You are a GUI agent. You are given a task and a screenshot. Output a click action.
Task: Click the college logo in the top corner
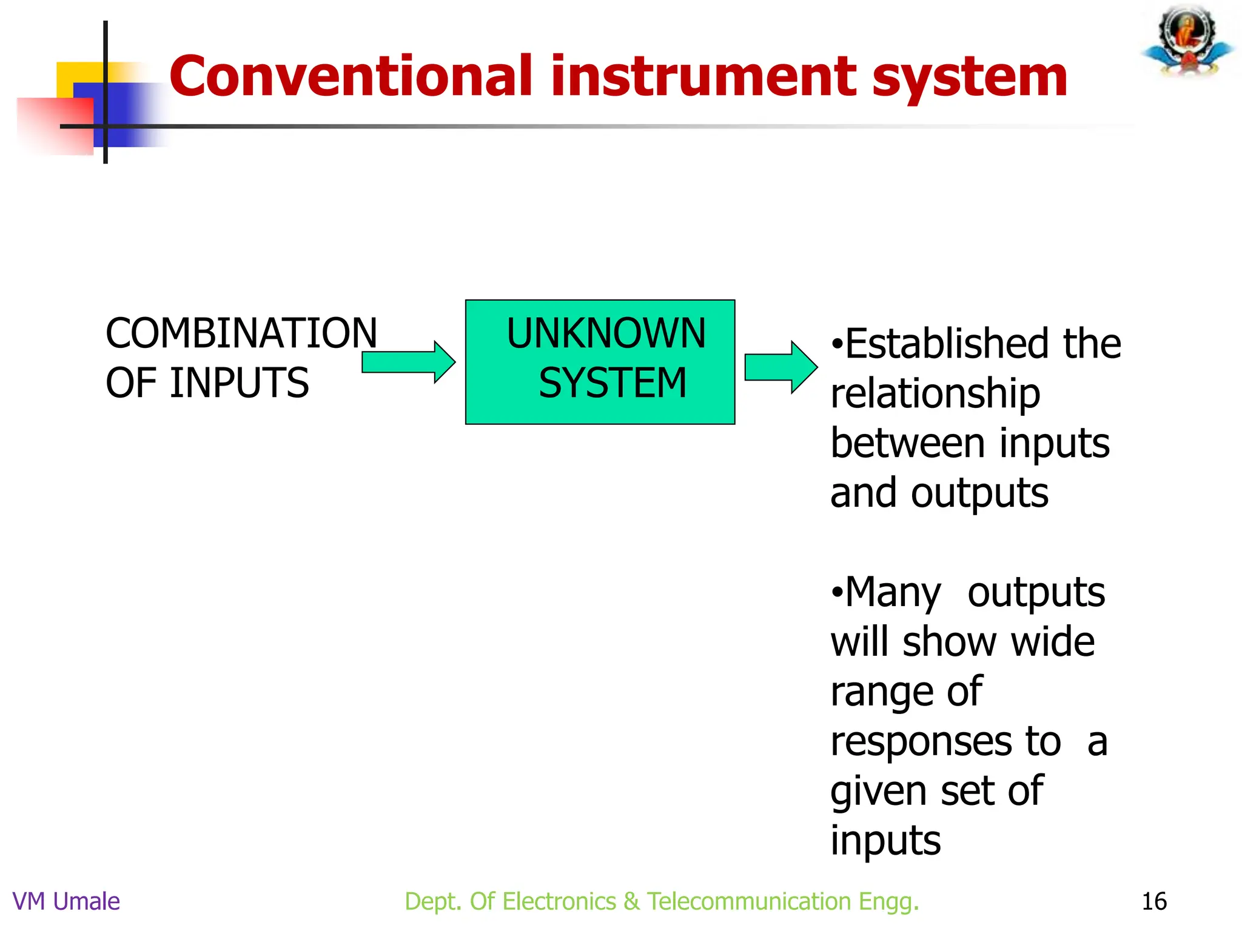click(x=1187, y=41)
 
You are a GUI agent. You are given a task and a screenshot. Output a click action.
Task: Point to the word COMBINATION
click(x=241, y=333)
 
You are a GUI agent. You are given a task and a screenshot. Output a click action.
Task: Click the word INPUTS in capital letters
click(x=240, y=383)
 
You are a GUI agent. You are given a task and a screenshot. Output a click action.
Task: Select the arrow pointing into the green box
click(x=408, y=362)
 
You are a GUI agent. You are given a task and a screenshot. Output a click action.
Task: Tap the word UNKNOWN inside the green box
click(x=606, y=333)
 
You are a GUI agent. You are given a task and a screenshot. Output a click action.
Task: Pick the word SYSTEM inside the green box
click(x=613, y=383)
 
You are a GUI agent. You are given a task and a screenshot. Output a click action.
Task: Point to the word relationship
click(x=935, y=394)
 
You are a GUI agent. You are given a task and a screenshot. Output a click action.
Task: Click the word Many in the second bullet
click(x=893, y=592)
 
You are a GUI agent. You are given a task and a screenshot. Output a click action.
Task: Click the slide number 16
click(x=1153, y=901)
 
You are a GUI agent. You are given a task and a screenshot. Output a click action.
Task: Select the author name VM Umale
click(x=66, y=901)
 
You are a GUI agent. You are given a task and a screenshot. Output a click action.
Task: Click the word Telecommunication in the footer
click(x=749, y=901)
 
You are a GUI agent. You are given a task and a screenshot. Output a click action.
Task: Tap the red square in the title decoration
click(x=55, y=124)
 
